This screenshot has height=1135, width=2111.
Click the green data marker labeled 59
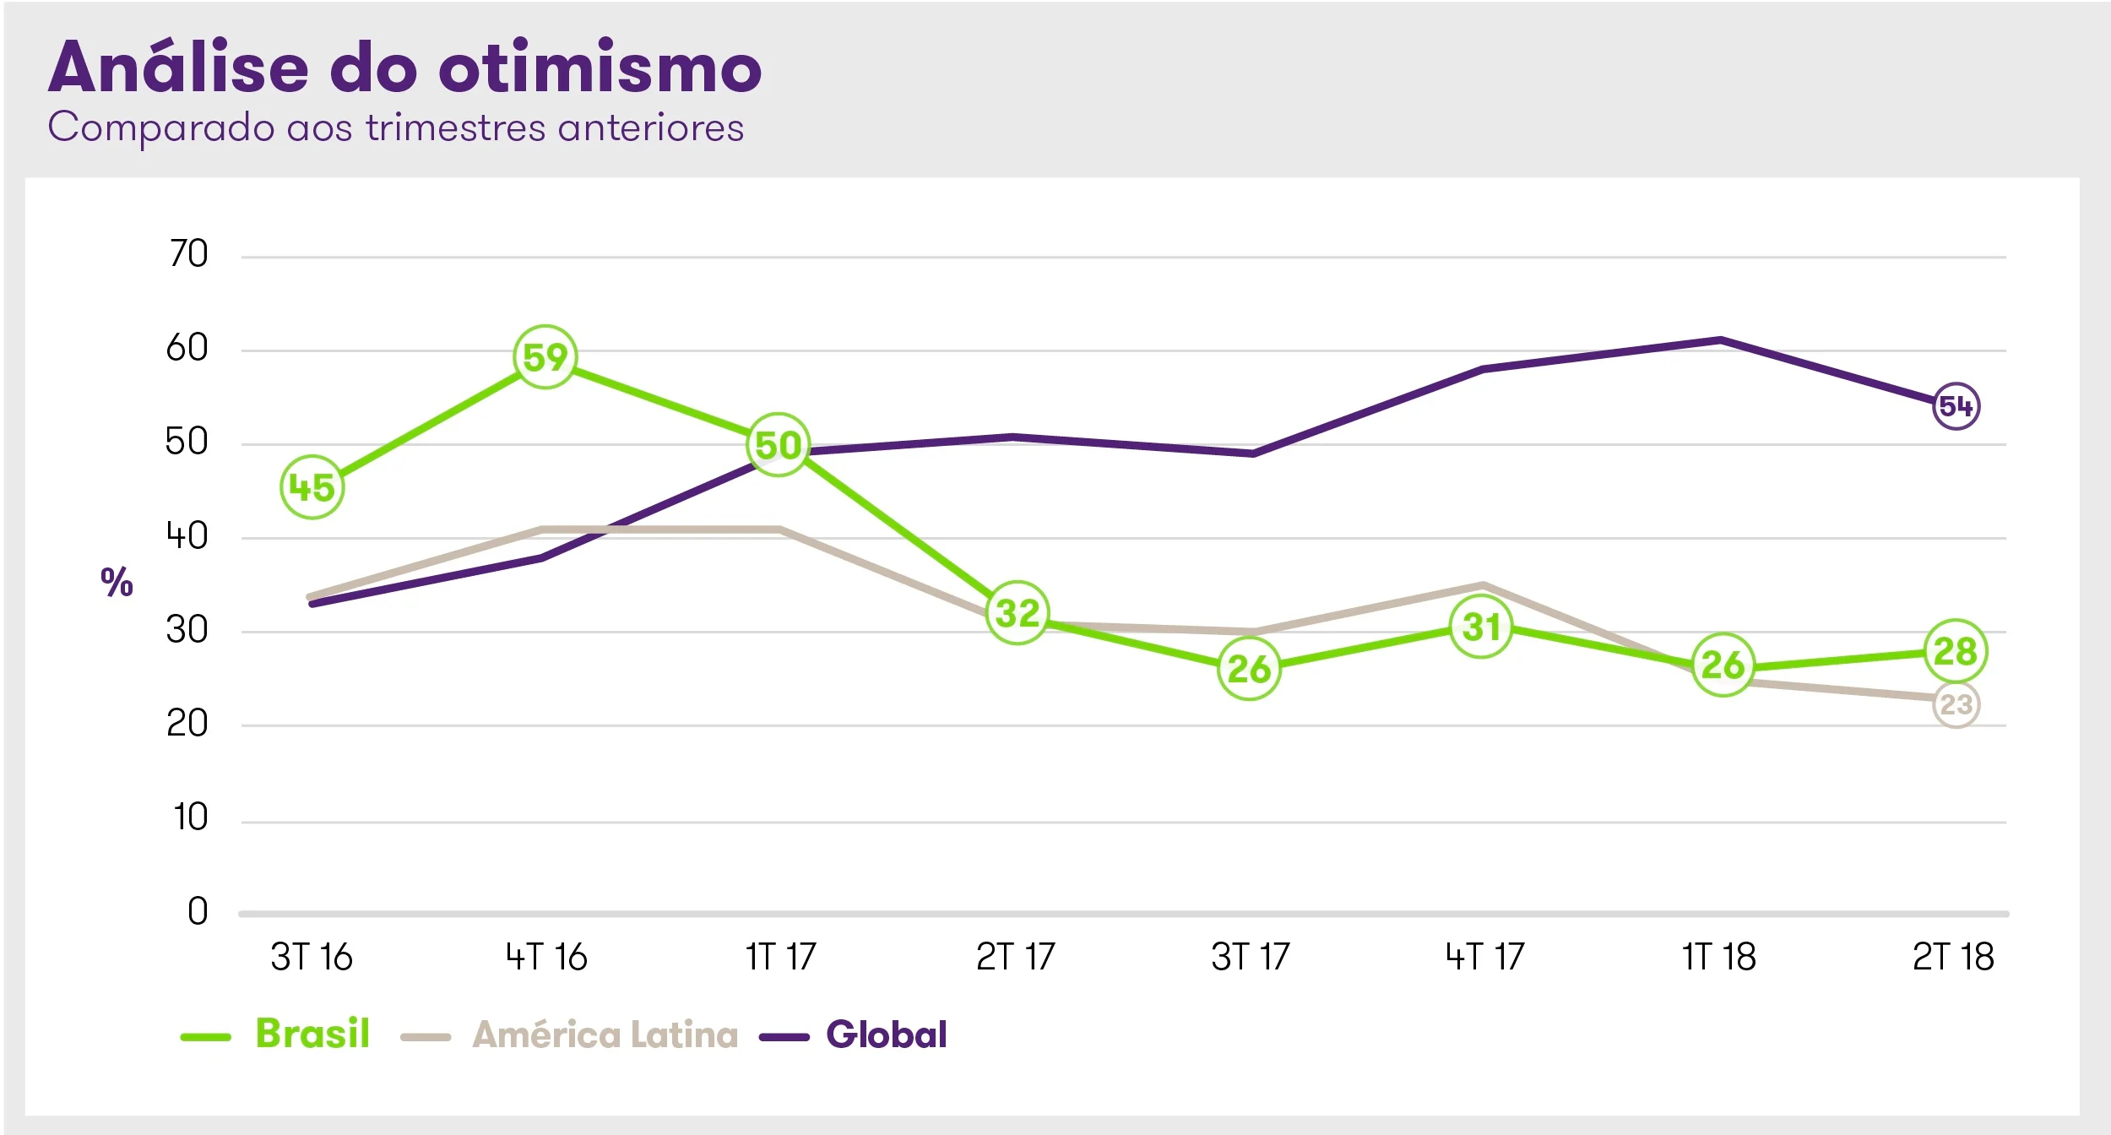tap(545, 356)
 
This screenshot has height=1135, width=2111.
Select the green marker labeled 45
tap(312, 487)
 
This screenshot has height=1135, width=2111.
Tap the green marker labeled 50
tap(778, 444)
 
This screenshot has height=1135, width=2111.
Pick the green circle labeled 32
tap(1017, 613)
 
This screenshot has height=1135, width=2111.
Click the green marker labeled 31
tap(1480, 627)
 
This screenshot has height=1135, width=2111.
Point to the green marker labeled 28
tap(1955, 651)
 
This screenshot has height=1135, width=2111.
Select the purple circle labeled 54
tap(1956, 406)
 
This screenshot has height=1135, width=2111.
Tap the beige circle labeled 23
tap(1956, 704)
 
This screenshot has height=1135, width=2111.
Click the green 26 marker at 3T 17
tap(1249, 669)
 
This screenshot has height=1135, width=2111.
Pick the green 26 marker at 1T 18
tap(1723, 665)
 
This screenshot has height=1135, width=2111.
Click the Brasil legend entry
tap(312, 1034)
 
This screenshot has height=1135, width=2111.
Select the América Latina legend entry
tap(605, 1035)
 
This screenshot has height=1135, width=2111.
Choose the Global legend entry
tap(886, 1035)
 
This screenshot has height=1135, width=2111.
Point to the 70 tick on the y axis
tap(187, 253)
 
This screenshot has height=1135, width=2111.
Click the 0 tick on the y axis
tap(198, 911)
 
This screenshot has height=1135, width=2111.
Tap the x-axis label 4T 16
tap(546, 958)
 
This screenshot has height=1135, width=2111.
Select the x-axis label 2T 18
tap(1953, 958)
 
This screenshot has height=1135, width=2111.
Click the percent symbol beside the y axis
tap(117, 582)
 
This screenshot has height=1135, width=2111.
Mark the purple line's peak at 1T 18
tap(1720, 340)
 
